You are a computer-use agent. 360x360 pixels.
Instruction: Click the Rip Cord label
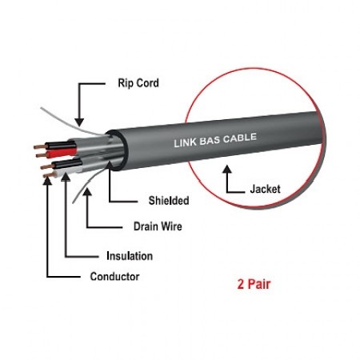(x=138, y=83)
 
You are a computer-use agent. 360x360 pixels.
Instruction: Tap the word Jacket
(x=265, y=189)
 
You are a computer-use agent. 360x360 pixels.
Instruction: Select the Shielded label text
(x=169, y=201)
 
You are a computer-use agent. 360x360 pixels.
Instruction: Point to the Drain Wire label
(x=158, y=226)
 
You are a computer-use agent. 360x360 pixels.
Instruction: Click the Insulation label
(x=130, y=256)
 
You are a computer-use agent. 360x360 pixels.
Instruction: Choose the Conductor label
(x=114, y=277)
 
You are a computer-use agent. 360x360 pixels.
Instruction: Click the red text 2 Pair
(x=254, y=284)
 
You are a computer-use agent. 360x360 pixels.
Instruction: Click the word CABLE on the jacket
(x=240, y=138)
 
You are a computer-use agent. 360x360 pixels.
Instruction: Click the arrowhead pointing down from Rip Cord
(x=79, y=122)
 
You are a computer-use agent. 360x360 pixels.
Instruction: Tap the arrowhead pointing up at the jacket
(x=227, y=169)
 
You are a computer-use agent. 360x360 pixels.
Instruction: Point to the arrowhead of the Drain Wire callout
(x=87, y=192)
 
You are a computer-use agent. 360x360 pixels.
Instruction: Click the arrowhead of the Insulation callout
(x=66, y=177)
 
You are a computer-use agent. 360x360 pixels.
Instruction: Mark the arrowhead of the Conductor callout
(x=47, y=180)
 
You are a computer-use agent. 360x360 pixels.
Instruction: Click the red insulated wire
(x=62, y=153)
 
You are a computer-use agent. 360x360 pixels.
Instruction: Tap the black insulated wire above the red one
(x=61, y=146)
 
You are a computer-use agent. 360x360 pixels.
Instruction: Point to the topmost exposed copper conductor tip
(x=39, y=146)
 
